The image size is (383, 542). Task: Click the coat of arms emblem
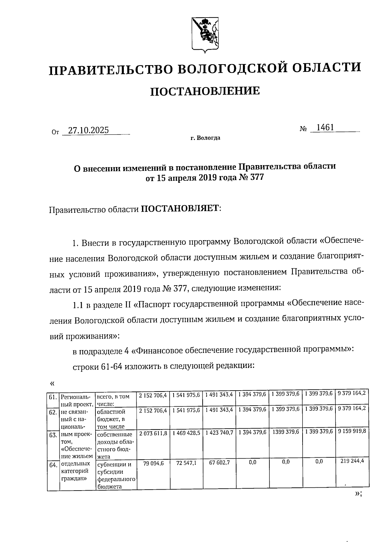(x=205, y=34)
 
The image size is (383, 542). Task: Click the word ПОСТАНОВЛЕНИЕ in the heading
(x=205, y=91)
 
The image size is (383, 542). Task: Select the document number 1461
(x=324, y=128)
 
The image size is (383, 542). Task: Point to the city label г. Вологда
(x=205, y=138)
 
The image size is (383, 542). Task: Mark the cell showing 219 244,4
(x=352, y=461)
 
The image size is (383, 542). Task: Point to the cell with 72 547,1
(x=186, y=463)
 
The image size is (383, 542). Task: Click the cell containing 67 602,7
(x=219, y=462)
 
